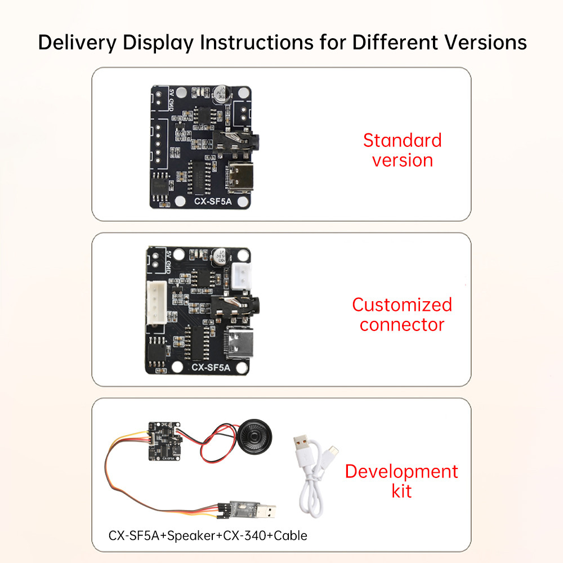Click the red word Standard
tap(402, 140)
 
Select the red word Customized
tap(402, 305)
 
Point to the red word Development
tap(401, 471)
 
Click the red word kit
tap(401, 491)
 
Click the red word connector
tap(402, 325)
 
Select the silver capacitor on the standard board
tap(220, 95)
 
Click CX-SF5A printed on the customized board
tap(211, 368)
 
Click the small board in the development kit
tap(164, 441)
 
